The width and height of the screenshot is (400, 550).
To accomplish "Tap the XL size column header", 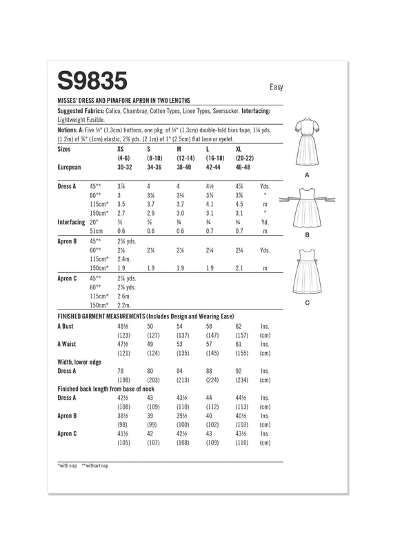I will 239,148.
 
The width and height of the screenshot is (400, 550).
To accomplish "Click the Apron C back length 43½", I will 241,433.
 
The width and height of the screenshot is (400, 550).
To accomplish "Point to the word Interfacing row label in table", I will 74,221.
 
